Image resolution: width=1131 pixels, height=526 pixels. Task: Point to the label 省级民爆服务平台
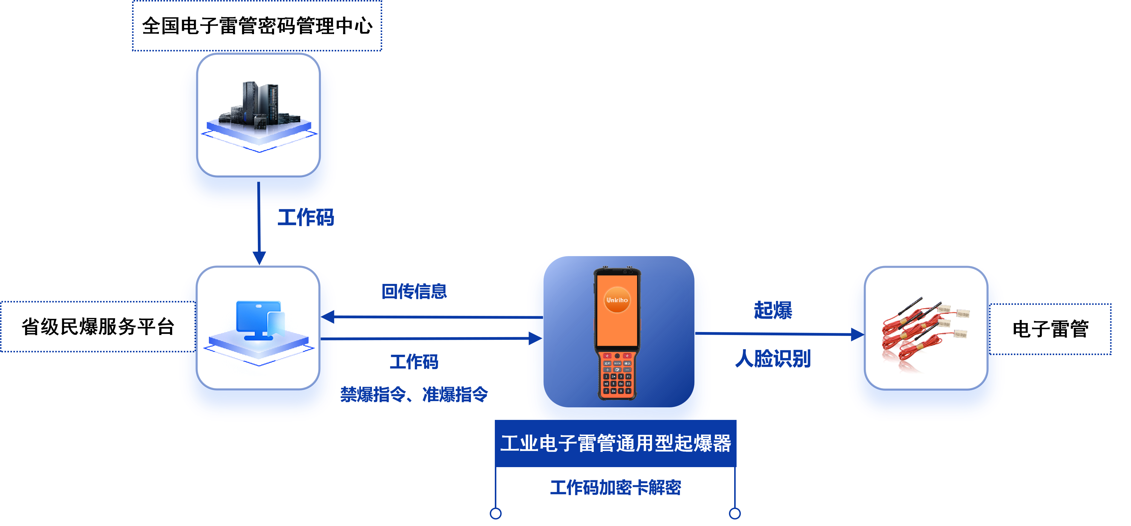pos(98,327)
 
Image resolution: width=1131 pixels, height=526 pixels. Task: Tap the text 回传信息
pos(414,291)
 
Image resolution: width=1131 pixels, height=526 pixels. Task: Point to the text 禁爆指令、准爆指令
pos(414,394)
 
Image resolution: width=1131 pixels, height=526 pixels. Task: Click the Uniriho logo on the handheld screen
pos(617,300)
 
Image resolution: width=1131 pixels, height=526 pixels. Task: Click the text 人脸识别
pos(773,359)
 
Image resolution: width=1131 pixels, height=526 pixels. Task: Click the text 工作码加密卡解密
pos(616,488)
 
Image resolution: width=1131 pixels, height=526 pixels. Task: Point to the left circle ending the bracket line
pos(496,513)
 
